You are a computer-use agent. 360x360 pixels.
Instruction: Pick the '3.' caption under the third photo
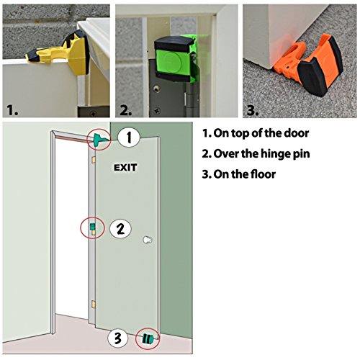click(x=251, y=110)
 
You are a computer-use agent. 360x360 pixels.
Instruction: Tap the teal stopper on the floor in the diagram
click(x=148, y=337)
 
